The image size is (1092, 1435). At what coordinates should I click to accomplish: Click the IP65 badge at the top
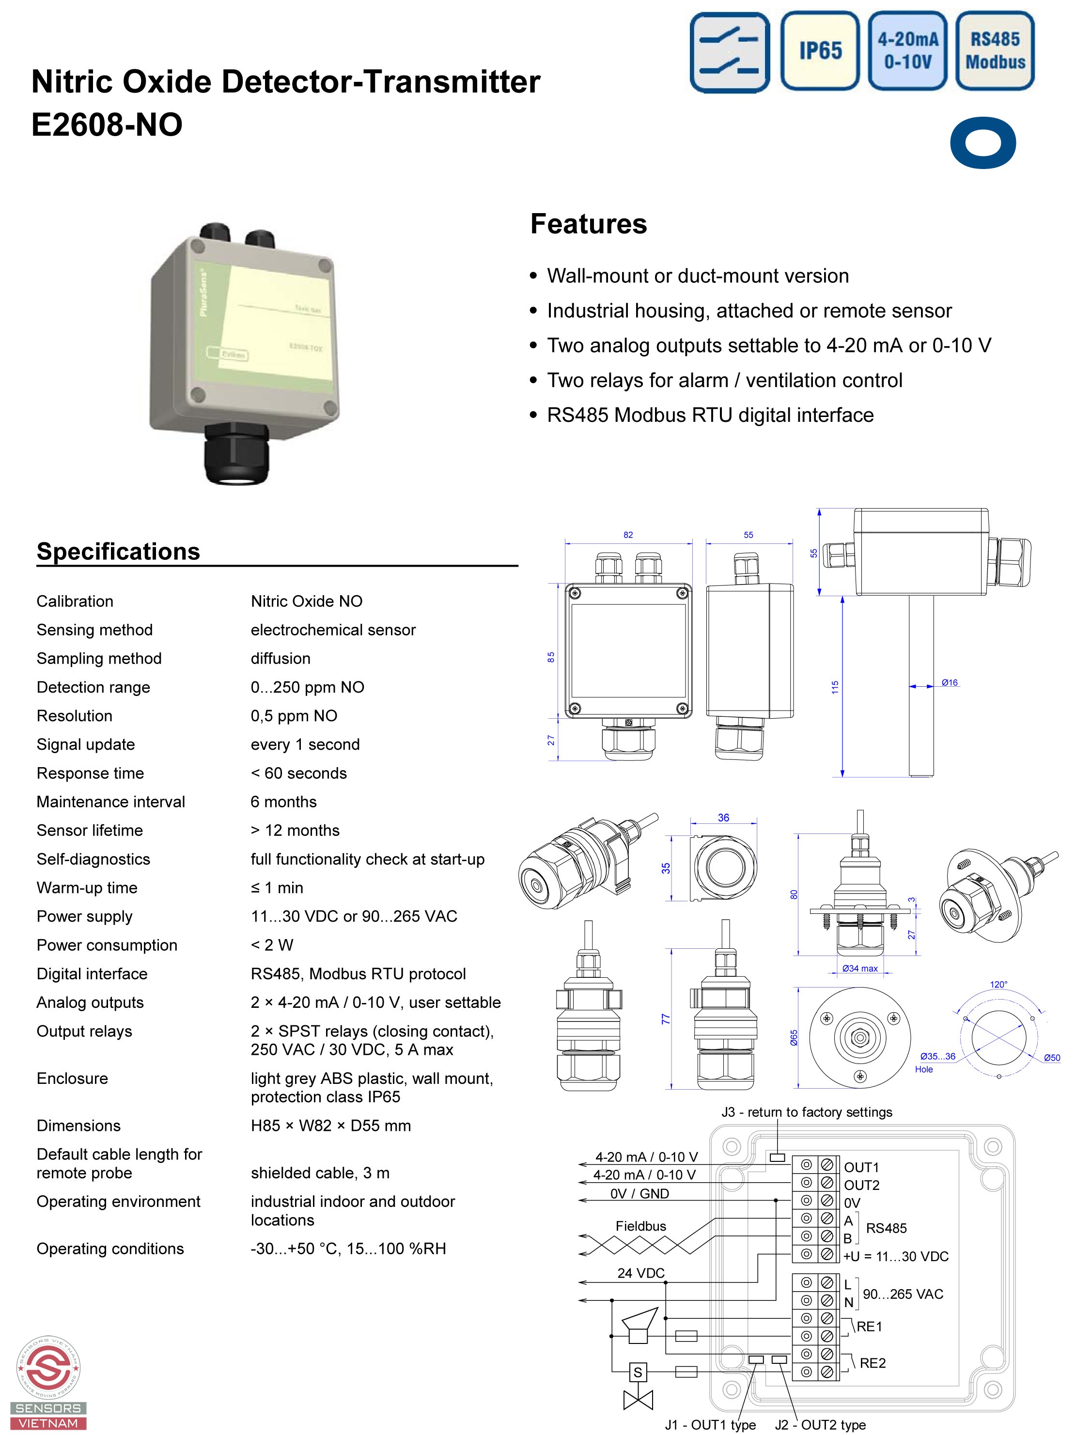tap(820, 51)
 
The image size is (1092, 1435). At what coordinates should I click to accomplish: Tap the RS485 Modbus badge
tap(995, 51)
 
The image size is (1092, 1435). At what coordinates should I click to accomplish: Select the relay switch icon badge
tap(729, 52)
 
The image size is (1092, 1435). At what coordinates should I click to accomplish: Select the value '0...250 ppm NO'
tap(308, 687)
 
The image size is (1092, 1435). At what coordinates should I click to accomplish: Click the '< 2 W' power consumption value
tap(272, 945)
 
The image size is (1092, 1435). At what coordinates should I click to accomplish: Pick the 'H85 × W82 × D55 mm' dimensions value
tap(331, 1126)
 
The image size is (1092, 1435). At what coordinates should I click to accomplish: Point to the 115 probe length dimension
tap(835, 687)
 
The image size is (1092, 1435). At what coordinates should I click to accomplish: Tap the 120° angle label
tap(998, 985)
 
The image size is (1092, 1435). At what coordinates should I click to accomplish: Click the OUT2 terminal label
tap(861, 1186)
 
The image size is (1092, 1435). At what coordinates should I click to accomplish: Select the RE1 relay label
tap(869, 1327)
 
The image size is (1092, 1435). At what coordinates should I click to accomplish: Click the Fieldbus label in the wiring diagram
tap(641, 1226)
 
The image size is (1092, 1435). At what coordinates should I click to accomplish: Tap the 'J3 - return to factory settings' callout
tap(807, 1112)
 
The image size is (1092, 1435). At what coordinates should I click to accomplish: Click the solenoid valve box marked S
tap(638, 1373)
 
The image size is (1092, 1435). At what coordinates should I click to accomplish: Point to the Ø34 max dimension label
tap(859, 969)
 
